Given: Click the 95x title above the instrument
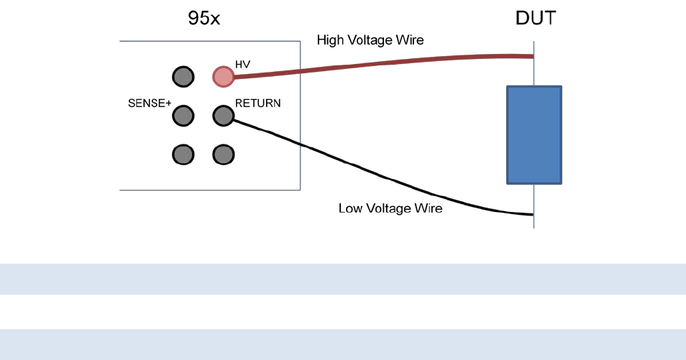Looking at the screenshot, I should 204,19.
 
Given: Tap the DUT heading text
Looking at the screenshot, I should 535,19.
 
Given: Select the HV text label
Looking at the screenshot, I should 243,65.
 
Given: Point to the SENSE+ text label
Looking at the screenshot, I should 150,103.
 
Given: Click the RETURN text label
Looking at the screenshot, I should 257,103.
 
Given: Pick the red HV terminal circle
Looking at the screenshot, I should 224,76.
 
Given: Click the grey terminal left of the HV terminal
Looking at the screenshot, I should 183,76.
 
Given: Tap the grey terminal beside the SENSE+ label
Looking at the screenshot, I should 183,115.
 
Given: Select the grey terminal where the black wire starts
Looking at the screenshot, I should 224,115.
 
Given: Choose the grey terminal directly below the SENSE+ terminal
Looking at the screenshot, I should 183,154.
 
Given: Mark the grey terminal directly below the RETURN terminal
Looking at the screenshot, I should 224,154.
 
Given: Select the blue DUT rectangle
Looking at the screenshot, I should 534,134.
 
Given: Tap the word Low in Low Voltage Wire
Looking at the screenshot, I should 350,209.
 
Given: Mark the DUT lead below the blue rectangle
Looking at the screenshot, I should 534,205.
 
